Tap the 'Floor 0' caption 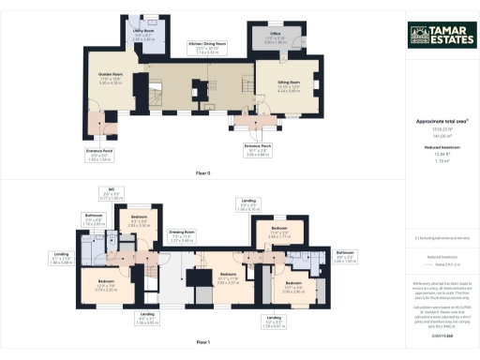(x=203, y=173)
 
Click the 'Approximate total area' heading (x=440, y=122)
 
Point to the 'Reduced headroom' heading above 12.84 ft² (x=440, y=147)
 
